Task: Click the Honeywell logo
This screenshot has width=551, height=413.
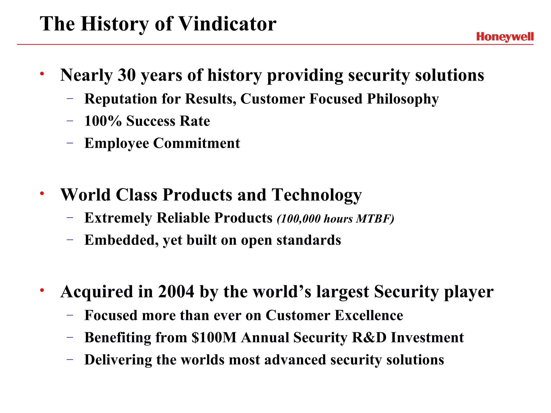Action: (505, 37)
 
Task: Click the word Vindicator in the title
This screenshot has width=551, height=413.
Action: (227, 24)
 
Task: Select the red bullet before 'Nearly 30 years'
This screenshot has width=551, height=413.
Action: (42, 73)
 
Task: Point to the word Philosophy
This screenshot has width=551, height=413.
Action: (403, 99)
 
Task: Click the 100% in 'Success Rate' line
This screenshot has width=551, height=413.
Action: (103, 121)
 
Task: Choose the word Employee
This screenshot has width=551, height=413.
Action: (116, 143)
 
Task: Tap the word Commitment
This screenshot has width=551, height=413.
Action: (196, 143)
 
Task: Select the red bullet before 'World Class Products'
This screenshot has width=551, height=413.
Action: (42, 193)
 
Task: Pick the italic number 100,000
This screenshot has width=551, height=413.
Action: (299, 219)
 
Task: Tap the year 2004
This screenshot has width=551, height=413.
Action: (176, 292)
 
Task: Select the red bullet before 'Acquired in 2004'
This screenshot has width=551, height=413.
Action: (42, 290)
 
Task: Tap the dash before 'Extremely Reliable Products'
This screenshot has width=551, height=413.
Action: (70, 217)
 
